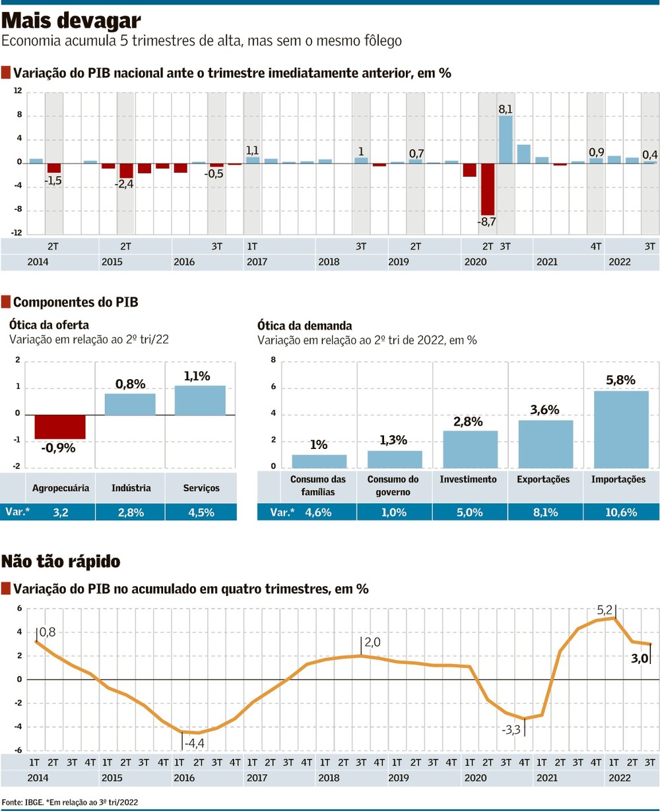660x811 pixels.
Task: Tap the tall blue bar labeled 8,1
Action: (506, 139)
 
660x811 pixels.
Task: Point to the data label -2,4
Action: (124, 184)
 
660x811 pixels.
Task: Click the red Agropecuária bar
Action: (60, 427)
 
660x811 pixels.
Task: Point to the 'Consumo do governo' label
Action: (393, 485)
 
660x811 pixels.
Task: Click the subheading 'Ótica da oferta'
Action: (48, 325)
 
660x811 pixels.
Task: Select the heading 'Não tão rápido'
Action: (61, 561)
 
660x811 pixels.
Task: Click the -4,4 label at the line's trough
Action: (193, 743)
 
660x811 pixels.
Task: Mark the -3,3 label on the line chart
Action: (512, 730)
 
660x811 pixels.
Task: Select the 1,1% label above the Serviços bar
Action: (197, 376)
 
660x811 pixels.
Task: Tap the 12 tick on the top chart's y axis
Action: (18, 91)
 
